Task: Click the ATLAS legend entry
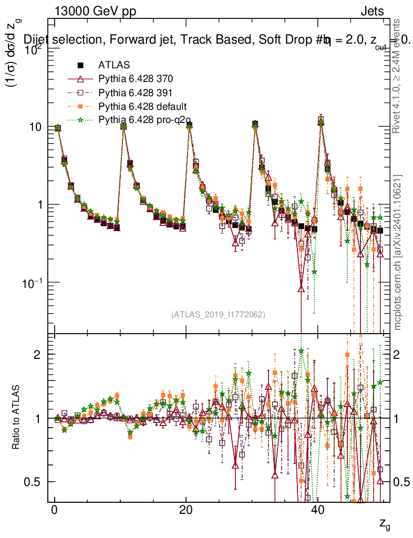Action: [x=113, y=65]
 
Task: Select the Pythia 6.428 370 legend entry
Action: [x=136, y=79]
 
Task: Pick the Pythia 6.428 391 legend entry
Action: [x=136, y=93]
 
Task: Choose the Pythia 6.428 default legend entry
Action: [x=140, y=107]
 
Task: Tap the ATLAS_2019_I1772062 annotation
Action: [x=218, y=315]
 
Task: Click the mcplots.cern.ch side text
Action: [x=398, y=252]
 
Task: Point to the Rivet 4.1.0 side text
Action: [x=398, y=76]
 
